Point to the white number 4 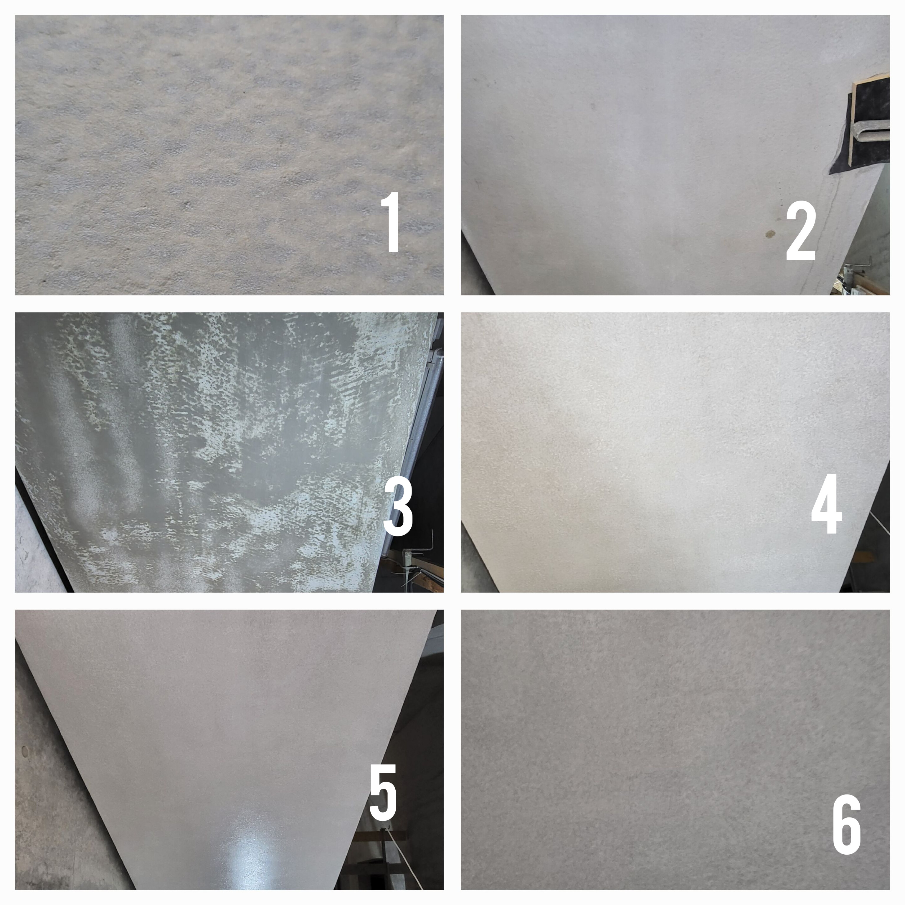click(827, 504)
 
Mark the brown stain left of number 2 click(769, 234)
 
